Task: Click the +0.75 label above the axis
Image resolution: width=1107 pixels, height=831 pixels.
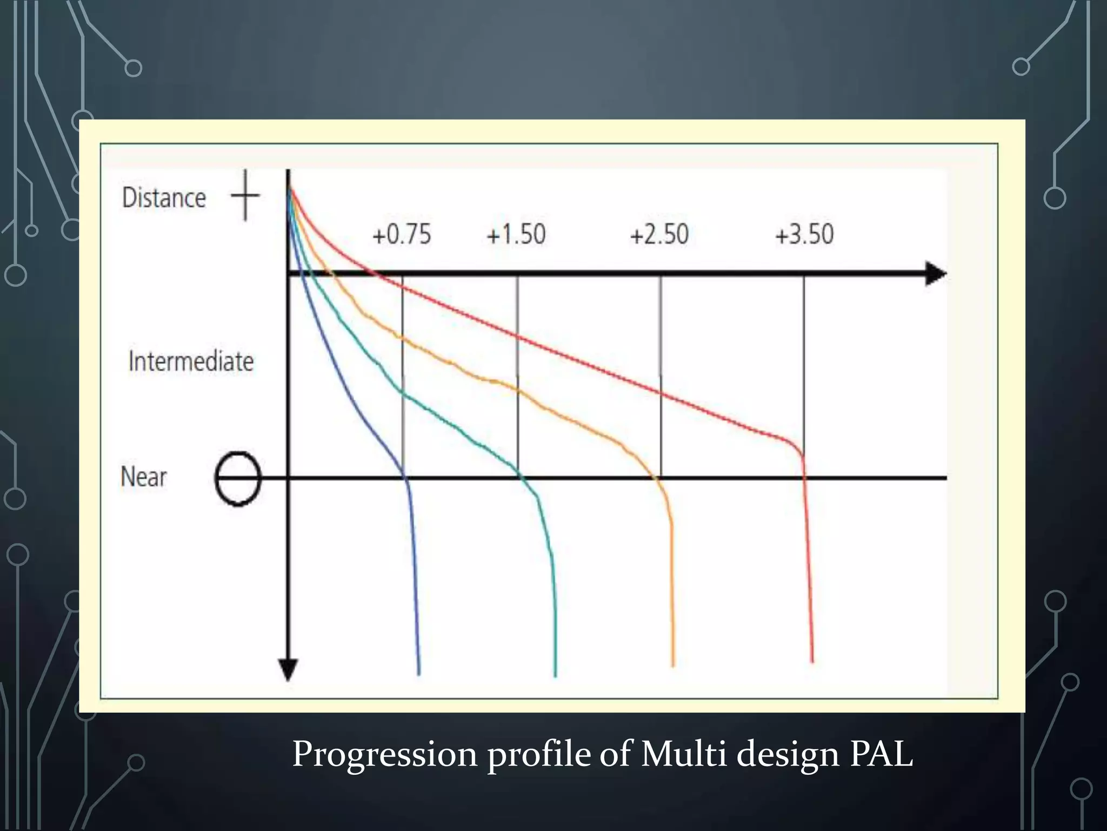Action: (402, 234)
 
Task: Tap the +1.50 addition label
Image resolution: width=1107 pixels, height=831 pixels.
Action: (516, 234)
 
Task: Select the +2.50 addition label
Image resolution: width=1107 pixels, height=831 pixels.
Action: (659, 234)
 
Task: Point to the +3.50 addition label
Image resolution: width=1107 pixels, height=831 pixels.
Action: (804, 234)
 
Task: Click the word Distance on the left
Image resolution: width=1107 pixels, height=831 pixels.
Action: (164, 197)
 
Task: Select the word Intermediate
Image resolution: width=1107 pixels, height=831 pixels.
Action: (191, 361)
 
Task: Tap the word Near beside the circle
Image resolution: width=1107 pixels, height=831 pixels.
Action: (144, 477)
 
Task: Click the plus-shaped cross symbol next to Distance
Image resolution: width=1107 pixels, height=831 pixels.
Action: (245, 195)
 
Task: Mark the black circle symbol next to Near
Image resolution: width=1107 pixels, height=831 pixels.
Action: (238, 478)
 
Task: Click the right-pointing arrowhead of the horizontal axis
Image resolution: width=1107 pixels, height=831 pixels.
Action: (936, 273)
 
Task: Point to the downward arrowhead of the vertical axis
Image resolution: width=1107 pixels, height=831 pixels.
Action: (288, 670)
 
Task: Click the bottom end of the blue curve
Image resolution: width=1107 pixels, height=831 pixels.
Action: (419, 673)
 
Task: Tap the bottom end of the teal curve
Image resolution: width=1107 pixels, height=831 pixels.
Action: (555, 675)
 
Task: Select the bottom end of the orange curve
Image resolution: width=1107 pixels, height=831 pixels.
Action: (673, 664)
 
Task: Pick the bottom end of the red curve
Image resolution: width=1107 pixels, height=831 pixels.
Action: (812, 660)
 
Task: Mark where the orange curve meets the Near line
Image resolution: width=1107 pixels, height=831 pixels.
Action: (658, 478)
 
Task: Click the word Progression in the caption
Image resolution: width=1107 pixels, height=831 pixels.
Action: (384, 754)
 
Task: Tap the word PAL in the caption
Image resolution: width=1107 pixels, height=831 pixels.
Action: (881, 753)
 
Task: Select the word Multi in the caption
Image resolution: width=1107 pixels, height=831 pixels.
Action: (684, 753)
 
